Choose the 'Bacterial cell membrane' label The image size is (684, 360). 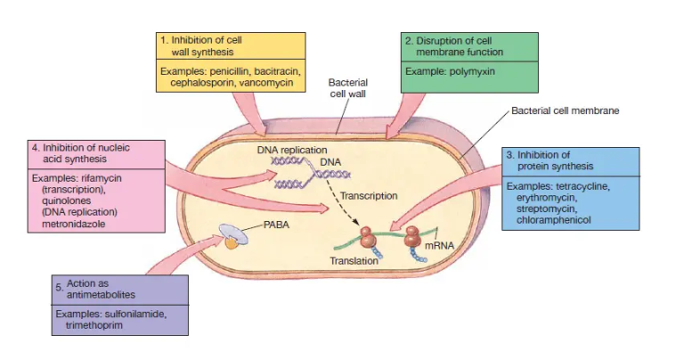pyautogui.click(x=565, y=111)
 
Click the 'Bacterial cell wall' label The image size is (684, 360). pyautogui.click(x=348, y=86)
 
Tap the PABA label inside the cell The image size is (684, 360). pyautogui.click(x=268, y=226)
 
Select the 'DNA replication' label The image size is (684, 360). pyautogui.click(x=292, y=150)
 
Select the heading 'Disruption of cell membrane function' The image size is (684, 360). pyautogui.click(x=469, y=45)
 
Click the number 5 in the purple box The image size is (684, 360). pyautogui.click(x=59, y=288)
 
